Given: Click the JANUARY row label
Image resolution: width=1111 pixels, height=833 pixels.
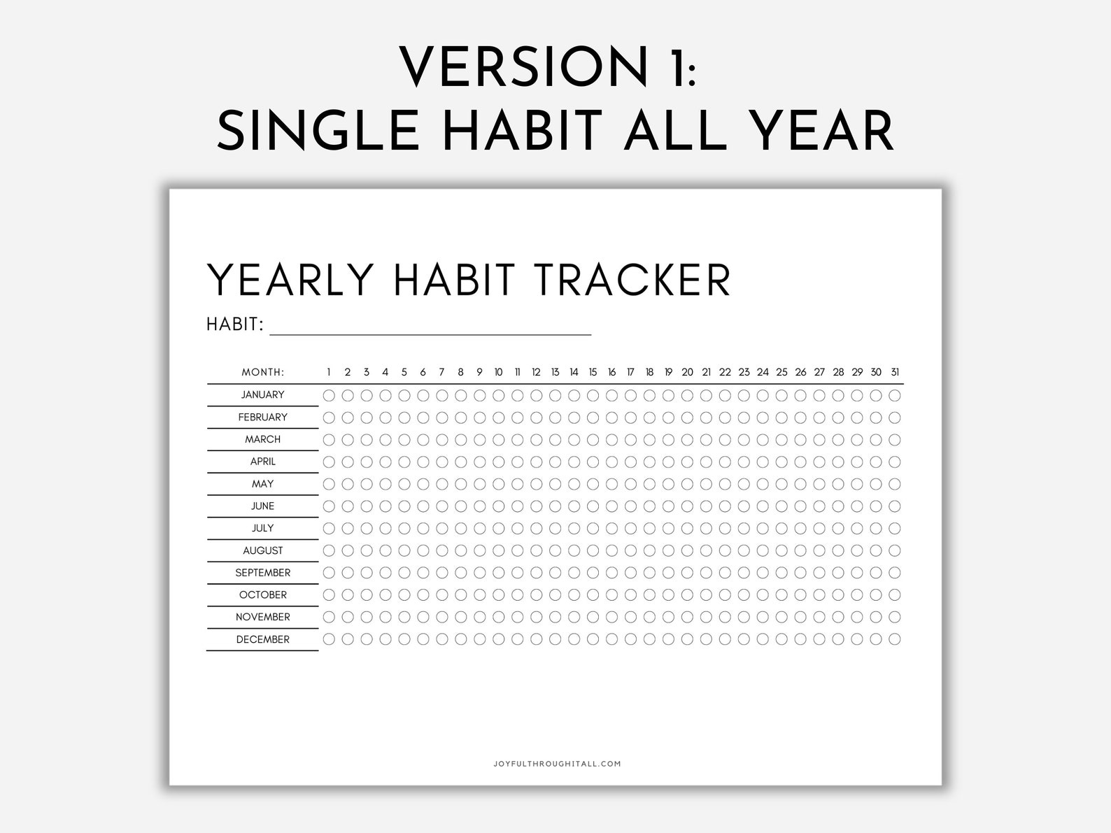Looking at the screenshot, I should point(262,395).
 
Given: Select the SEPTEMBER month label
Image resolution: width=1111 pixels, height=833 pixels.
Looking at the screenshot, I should point(262,573).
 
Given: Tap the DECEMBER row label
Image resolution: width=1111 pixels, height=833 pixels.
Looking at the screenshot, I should point(262,639).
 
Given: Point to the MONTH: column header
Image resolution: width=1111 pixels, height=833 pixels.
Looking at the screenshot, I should point(263,372).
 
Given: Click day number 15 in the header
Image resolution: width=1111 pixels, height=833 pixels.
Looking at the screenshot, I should point(593,372).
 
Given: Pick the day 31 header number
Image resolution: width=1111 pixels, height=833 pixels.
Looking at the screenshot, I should point(895,372).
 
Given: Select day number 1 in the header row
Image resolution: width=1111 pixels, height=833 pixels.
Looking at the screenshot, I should point(329,372).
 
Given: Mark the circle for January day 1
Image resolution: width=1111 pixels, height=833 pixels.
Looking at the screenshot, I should point(329,395).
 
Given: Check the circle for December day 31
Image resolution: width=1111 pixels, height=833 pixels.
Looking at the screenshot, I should point(895,639).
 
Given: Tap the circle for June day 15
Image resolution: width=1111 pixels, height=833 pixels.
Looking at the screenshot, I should point(593,506).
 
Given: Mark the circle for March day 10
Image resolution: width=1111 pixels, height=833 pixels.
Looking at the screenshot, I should point(498,440).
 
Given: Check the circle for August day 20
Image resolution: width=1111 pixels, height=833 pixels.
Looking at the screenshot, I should point(687,550).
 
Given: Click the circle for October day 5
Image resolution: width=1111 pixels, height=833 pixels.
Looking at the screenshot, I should point(404,595).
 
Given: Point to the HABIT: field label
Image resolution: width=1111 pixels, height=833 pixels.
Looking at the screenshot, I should point(235,325).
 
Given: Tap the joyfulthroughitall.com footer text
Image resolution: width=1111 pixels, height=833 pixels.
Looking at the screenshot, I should point(556,764).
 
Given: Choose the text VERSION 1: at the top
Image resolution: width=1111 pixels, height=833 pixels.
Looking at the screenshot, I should point(548,66).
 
